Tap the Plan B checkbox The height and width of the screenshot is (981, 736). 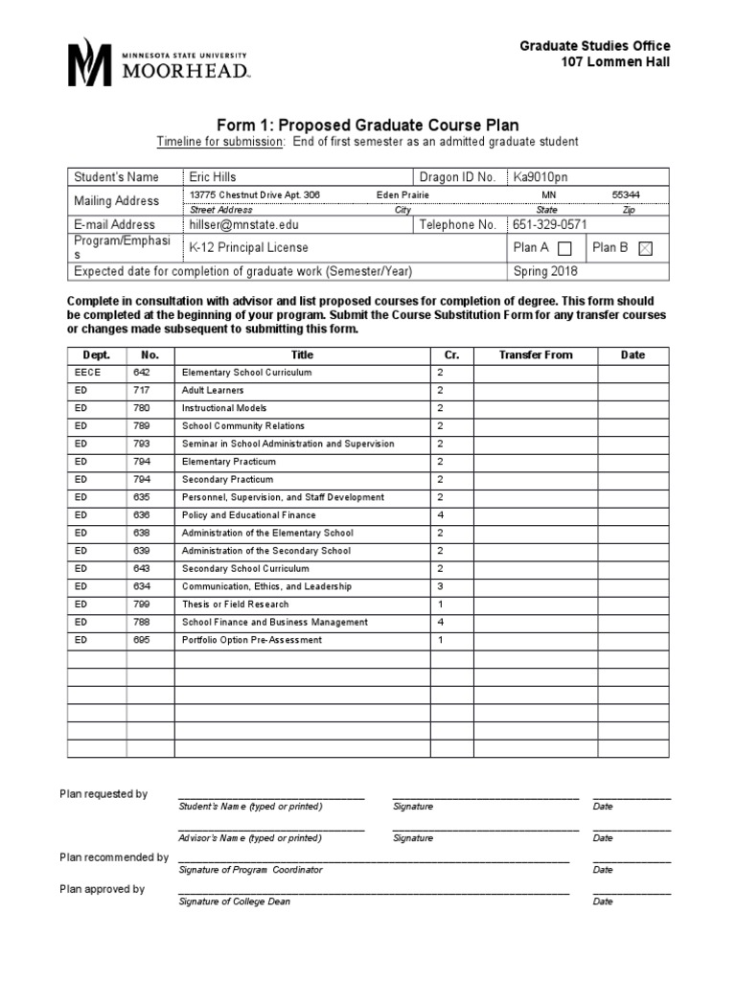click(645, 248)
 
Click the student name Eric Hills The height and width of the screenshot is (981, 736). click(212, 176)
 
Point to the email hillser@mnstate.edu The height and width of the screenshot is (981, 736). click(244, 224)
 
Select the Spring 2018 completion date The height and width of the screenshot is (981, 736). click(545, 271)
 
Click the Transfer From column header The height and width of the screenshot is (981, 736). click(535, 354)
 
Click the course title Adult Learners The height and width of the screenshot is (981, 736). click(213, 391)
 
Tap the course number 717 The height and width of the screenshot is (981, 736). click(141, 391)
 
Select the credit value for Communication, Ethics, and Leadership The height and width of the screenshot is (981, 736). click(441, 586)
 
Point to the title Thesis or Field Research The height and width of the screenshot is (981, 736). click(235, 605)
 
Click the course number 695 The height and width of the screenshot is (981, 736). click(141, 640)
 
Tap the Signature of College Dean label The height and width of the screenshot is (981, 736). click(235, 901)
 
